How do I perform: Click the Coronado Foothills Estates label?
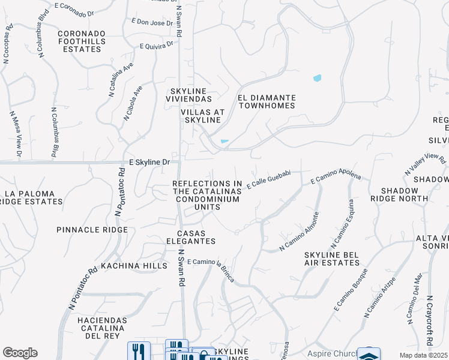(x=82, y=41)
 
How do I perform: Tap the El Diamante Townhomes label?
(x=267, y=101)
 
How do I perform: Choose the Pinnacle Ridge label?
(x=92, y=230)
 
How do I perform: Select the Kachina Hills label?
(x=125, y=265)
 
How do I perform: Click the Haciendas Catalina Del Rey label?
(x=101, y=329)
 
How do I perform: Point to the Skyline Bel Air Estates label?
(x=331, y=259)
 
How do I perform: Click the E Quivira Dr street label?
(x=156, y=45)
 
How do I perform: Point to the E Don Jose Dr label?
(x=152, y=23)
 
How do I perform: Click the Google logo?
(x=20, y=353)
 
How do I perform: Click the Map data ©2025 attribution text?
(x=423, y=355)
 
